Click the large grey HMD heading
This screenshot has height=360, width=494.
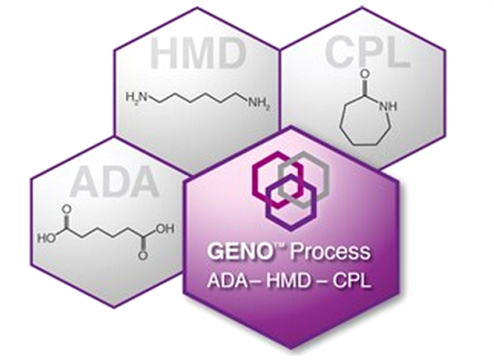198,54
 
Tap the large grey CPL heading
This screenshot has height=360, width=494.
368,52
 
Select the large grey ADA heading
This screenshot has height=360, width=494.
115,182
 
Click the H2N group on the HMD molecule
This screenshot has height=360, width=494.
136,97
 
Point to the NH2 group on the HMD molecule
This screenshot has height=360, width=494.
259,103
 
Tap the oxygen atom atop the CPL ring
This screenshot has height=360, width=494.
364,74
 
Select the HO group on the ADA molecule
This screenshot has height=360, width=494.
47,238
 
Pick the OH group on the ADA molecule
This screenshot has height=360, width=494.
164,229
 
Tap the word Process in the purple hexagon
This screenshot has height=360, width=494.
330,252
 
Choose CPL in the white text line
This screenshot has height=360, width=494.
352,281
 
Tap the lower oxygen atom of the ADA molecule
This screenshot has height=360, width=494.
143,256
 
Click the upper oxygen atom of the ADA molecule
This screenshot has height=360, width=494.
67,210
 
